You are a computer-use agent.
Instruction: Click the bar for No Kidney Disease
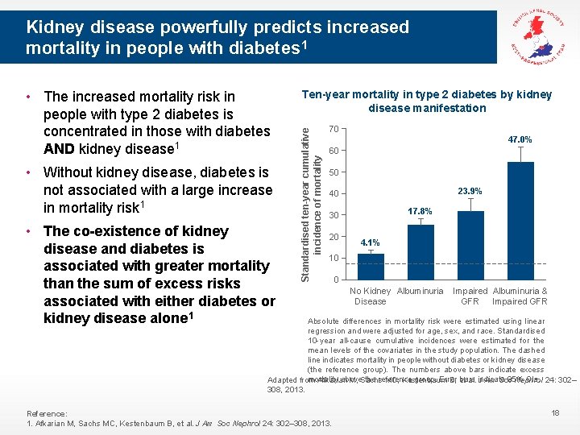pyautogui.click(x=371, y=267)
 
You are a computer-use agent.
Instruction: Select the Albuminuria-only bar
pyautogui.click(x=420, y=252)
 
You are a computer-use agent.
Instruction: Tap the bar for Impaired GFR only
pyautogui.click(x=470, y=245)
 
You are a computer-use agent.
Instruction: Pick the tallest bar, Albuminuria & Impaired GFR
pyautogui.click(x=520, y=221)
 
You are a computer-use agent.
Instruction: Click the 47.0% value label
pyautogui.click(x=520, y=140)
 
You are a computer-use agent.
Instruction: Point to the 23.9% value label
pyautogui.click(x=470, y=192)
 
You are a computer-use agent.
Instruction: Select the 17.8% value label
pyautogui.click(x=420, y=211)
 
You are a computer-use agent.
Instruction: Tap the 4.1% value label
pyautogui.click(x=371, y=242)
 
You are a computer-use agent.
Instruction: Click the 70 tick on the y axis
pyautogui.click(x=334, y=129)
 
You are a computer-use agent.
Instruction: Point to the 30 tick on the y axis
pyautogui.click(x=334, y=215)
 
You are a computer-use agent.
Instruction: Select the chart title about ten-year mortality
pyautogui.click(x=427, y=101)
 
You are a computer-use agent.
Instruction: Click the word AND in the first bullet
pyautogui.click(x=60, y=149)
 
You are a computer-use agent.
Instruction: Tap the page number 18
pyautogui.click(x=553, y=412)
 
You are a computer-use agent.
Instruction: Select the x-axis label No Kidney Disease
pyautogui.click(x=370, y=296)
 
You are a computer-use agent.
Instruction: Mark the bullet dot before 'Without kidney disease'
pyautogui.click(x=30, y=172)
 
